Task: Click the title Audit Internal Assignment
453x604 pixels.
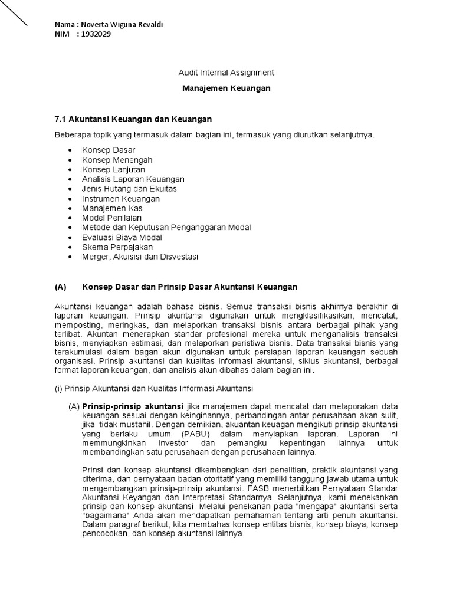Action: pyautogui.click(x=226, y=73)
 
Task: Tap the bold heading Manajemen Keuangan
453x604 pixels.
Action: pyautogui.click(x=226, y=88)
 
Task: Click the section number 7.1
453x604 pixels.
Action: pyautogui.click(x=60, y=119)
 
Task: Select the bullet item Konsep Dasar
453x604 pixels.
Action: pyautogui.click(x=109, y=150)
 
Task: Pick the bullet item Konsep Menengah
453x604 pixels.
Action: pyautogui.click(x=117, y=160)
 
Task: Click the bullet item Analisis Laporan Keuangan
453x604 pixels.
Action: pyautogui.click(x=133, y=179)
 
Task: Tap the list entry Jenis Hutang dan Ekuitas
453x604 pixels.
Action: pyautogui.click(x=129, y=189)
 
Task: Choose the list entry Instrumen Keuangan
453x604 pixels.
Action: pyautogui.click(x=121, y=199)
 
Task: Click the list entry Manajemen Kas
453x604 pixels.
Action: pyautogui.click(x=112, y=208)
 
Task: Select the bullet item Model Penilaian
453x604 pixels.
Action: pyautogui.click(x=112, y=218)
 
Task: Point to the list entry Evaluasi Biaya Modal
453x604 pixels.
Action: pyautogui.click(x=122, y=237)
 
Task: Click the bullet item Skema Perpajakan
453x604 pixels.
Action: pyautogui.click(x=117, y=247)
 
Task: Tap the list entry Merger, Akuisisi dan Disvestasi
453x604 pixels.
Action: pyautogui.click(x=140, y=257)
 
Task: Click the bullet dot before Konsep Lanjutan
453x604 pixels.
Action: pyautogui.click(x=70, y=169)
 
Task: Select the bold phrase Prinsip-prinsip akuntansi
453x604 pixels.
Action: pyautogui.click(x=133, y=406)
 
